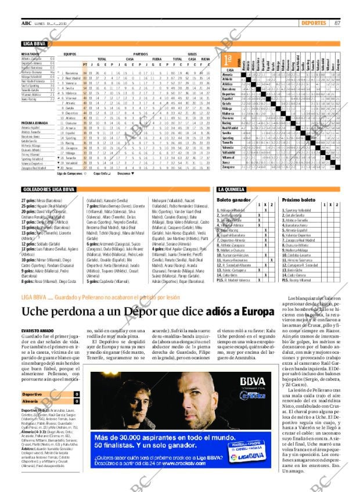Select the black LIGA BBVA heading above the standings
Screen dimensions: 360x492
(x=35, y=44)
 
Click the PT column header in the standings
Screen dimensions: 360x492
(x=85, y=64)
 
